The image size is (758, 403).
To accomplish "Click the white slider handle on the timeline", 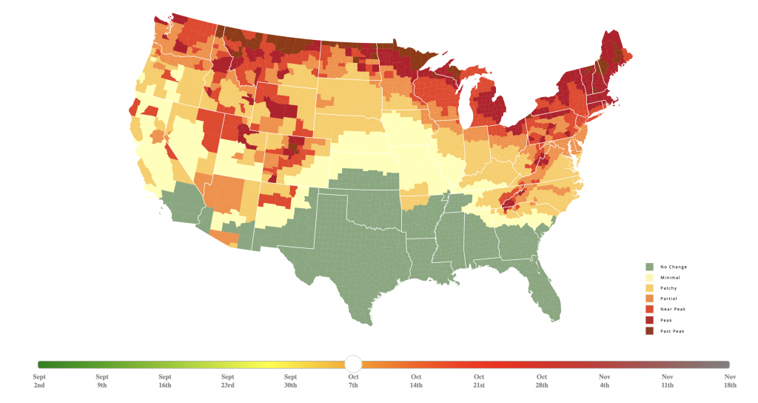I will (353, 364).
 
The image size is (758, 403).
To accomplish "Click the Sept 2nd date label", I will (39, 381).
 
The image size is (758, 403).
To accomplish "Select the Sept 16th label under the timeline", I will (165, 381).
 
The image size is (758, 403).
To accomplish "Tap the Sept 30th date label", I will (290, 381).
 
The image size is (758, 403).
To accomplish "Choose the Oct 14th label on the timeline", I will (416, 381).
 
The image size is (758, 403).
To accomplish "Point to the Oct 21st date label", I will (479, 381).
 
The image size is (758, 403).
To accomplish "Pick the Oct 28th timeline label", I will (542, 381).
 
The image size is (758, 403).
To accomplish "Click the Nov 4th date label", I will (604, 381).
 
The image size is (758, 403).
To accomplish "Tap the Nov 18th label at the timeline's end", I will (730, 381).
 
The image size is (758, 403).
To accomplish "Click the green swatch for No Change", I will (649, 267).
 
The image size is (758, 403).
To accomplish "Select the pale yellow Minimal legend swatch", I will (649, 277).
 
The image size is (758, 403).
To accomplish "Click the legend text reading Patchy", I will (668, 288).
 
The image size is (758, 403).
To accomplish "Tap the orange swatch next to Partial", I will (649, 299).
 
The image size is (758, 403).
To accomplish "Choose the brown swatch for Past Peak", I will (649, 330).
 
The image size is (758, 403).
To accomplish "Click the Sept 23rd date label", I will (227, 381).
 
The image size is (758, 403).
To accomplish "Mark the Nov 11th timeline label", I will (667, 381).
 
